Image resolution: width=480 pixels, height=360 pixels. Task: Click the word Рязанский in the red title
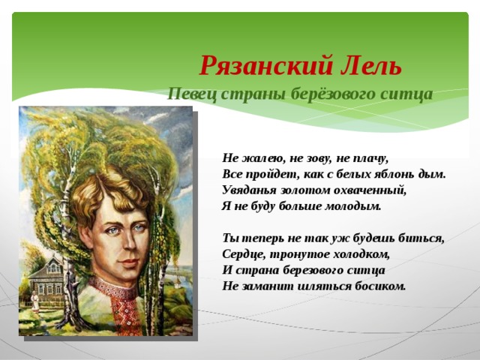266,66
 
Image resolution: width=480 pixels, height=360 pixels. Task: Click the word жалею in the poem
260,158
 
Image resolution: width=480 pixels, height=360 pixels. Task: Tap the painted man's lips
128,262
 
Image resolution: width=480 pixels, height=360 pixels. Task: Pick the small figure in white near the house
35,301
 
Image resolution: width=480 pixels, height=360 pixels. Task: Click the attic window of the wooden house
53,268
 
